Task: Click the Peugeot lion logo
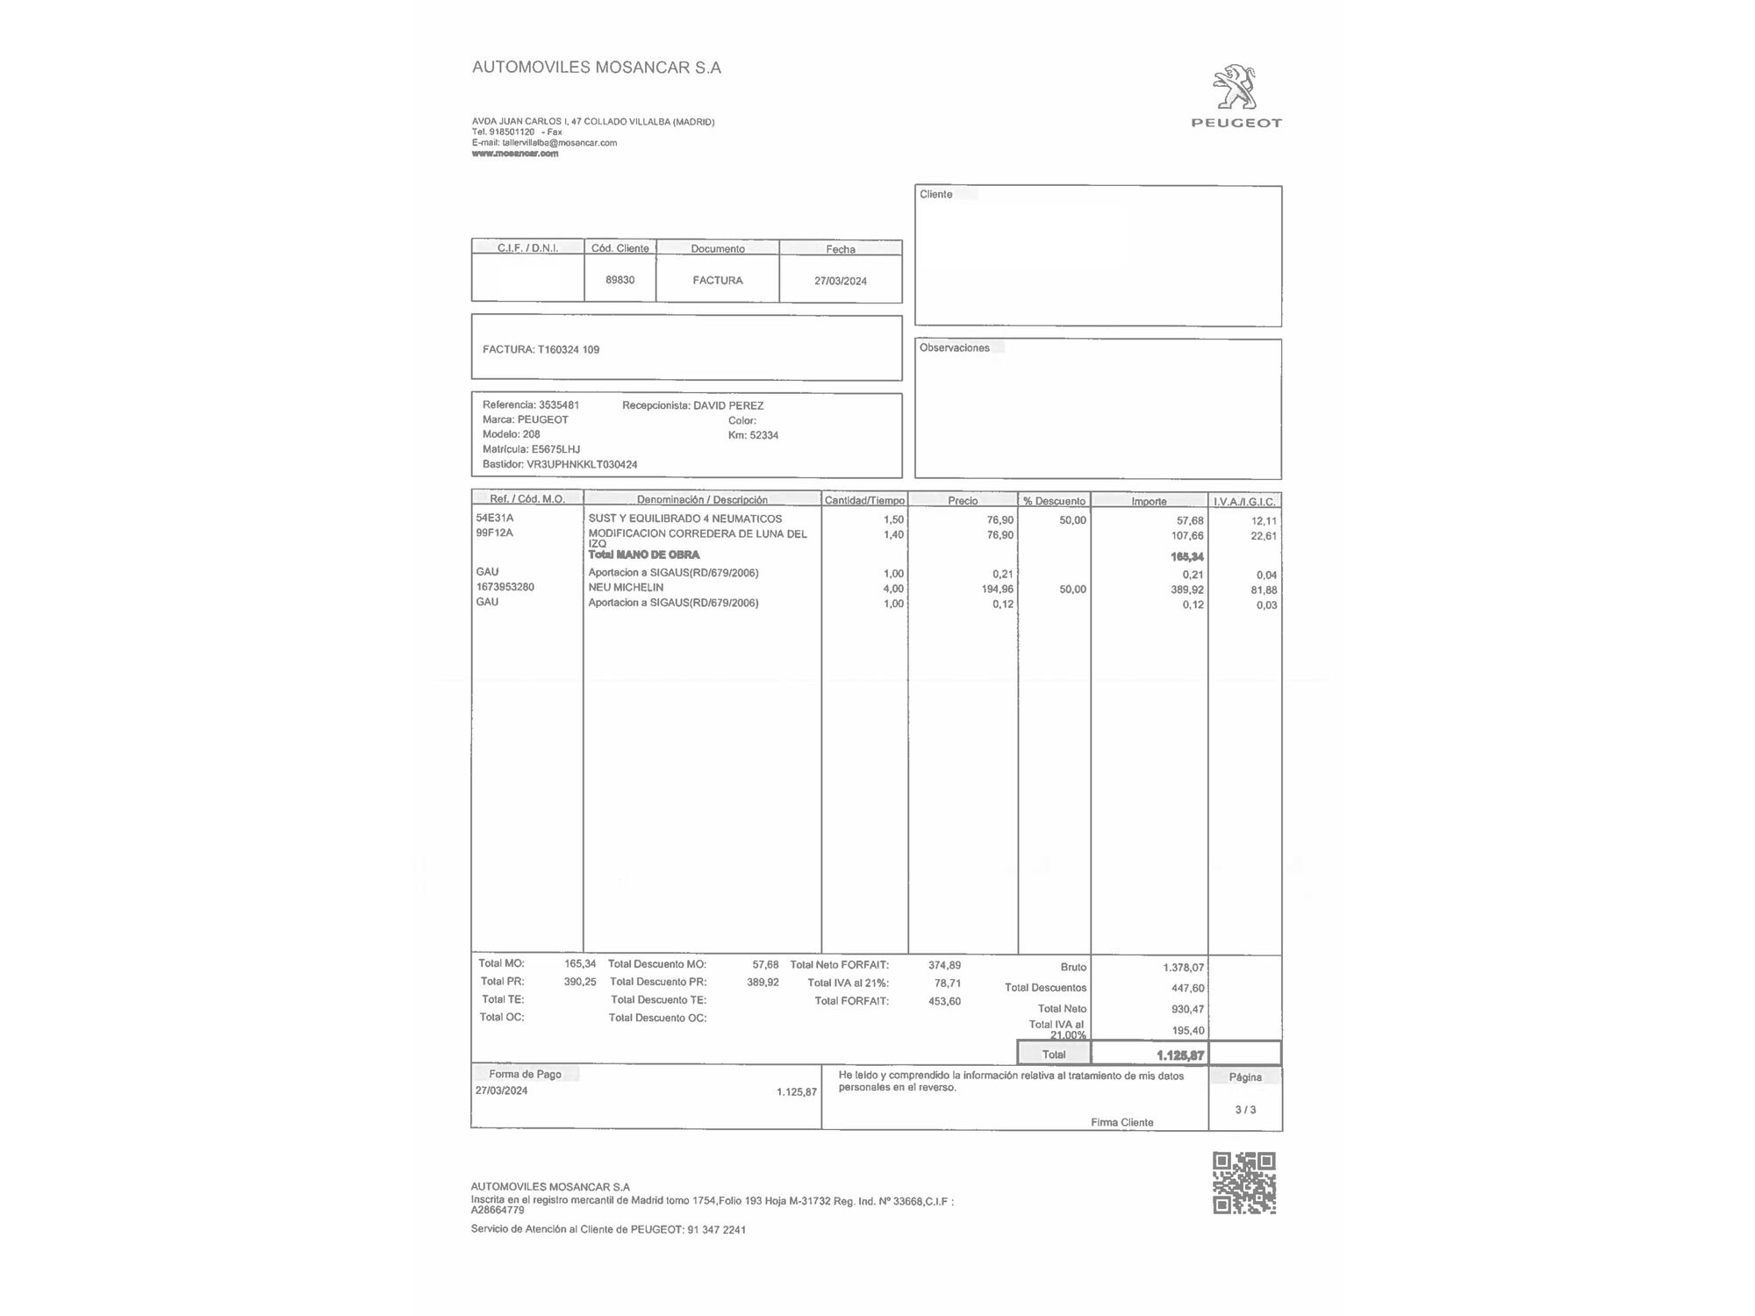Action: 1236,87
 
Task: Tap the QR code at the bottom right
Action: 1244,1183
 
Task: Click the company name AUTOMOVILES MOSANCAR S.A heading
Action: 597,68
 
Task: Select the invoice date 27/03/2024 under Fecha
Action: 840,281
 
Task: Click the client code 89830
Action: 620,280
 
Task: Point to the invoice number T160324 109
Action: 569,349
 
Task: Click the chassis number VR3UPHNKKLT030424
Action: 582,464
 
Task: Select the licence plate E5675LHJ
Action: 555,449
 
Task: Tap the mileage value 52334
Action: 763,435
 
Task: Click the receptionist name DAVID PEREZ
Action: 728,405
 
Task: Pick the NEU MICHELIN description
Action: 626,587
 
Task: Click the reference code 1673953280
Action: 505,587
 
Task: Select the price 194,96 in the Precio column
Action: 997,590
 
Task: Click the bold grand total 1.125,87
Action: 1180,1055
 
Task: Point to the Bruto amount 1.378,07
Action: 1183,967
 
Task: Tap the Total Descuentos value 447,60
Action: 1187,988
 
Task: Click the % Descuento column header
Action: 1054,501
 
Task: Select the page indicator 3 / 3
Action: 1245,1110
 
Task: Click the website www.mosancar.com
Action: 515,154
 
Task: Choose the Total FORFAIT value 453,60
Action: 944,1001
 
